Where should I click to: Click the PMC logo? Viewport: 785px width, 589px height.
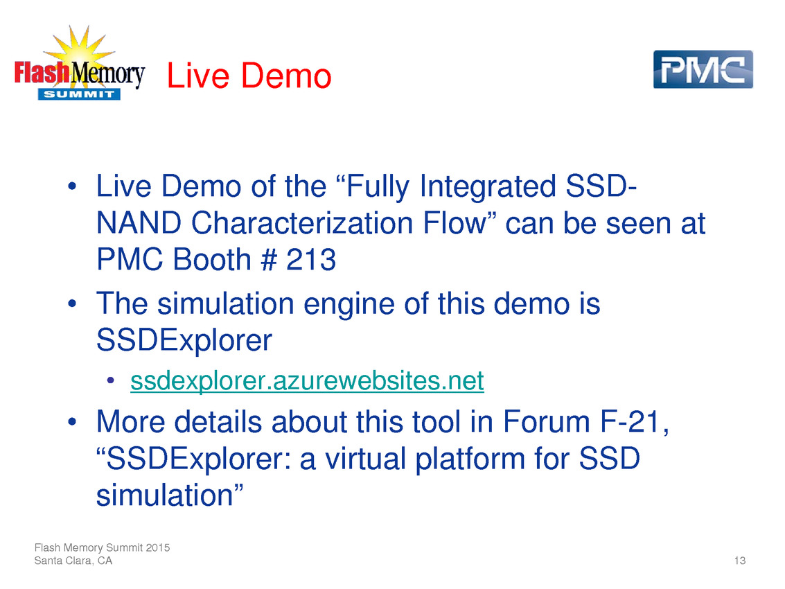coord(703,69)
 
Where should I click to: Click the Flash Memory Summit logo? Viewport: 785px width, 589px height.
coord(80,63)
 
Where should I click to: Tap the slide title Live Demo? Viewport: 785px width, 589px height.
coord(249,76)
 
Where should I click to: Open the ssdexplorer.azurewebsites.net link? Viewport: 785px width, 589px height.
coord(307,380)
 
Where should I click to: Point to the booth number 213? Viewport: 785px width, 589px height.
coord(311,259)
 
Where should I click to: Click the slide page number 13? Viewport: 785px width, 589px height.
coord(740,561)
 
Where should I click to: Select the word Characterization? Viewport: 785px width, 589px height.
coord(302,223)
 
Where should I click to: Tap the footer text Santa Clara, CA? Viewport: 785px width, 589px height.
coord(73,561)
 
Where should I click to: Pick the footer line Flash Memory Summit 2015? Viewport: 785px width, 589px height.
coord(102,547)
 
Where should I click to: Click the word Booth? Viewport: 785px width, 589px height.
coord(212,259)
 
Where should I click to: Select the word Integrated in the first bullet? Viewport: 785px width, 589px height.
coord(488,186)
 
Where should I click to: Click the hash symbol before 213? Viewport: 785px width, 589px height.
coord(269,259)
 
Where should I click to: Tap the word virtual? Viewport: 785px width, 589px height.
coord(365,458)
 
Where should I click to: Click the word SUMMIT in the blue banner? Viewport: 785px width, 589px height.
coord(79,94)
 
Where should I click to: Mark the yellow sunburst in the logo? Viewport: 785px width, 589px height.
coord(79,50)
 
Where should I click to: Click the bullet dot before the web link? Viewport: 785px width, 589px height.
coord(111,380)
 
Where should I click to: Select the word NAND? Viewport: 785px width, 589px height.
coord(139,223)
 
